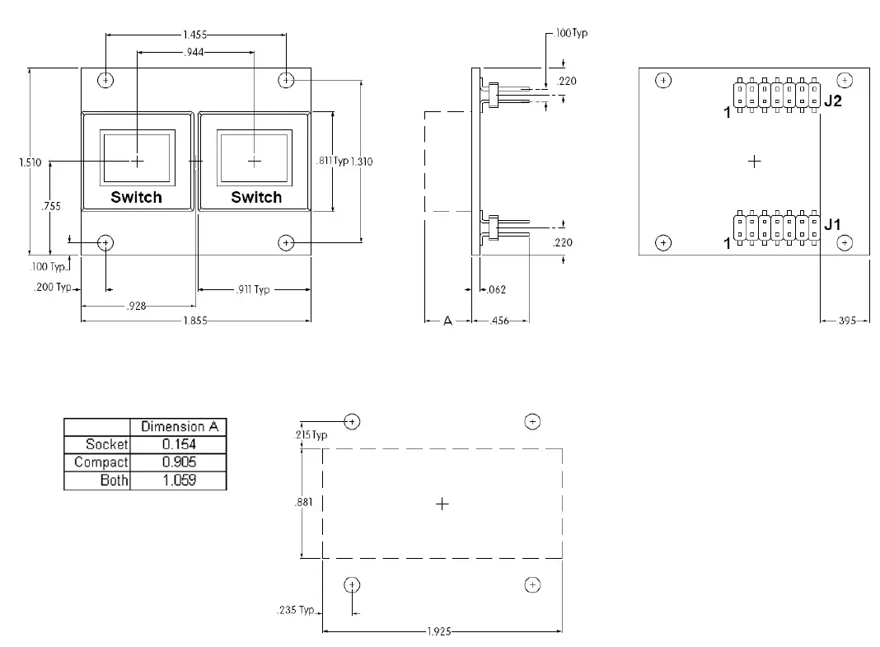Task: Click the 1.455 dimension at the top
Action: click(195, 35)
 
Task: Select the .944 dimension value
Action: click(195, 52)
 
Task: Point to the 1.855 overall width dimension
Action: click(195, 321)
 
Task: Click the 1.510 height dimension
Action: click(30, 162)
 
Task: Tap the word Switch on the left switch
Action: click(137, 198)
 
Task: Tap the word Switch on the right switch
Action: click(256, 198)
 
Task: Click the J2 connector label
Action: click(833, 101)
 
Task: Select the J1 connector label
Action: click(833, 224)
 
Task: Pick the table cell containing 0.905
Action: click(179, 462)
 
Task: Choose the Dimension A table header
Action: click(178, 427)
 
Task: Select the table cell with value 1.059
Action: click(179, 481)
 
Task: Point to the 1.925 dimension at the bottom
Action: click(442, 632)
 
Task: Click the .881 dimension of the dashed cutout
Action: click(303, 503)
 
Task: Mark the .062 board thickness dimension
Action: click(496, 290)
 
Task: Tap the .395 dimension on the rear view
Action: click(846, 321)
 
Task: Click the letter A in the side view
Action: click(447, 321)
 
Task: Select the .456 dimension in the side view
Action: click(499, 321)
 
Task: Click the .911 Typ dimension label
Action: click(251, 290)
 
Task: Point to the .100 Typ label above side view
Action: click(571, 34)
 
